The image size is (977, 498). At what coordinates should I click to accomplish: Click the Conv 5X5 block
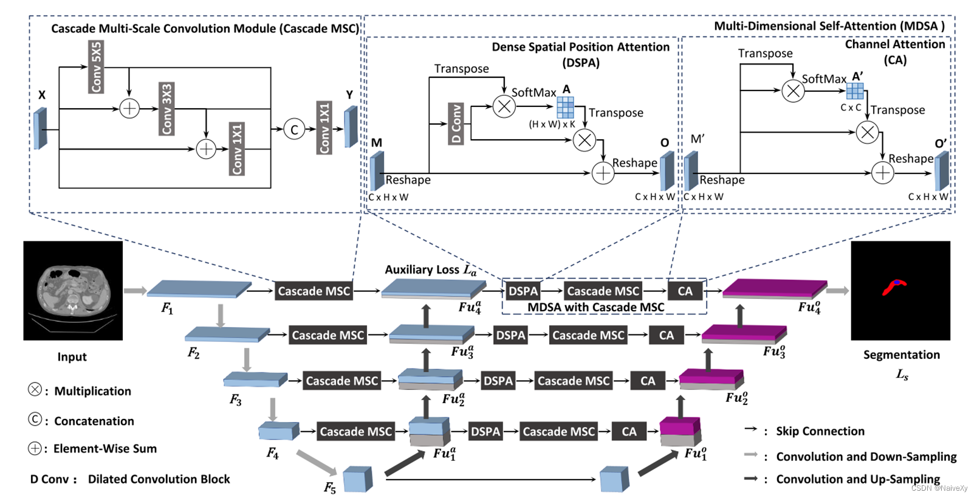96,67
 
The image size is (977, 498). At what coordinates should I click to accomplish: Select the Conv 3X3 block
166,109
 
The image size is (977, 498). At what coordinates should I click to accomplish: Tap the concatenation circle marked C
294,129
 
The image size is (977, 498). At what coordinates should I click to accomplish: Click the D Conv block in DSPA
456,123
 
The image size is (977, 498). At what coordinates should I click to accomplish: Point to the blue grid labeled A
565,107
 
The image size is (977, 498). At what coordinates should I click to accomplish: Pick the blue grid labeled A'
855,91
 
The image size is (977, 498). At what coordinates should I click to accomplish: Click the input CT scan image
73,291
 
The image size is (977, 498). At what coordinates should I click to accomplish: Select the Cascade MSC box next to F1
314,291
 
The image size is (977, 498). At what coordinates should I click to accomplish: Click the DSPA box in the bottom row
485,432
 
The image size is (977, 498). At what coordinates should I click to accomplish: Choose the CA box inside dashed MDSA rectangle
685,291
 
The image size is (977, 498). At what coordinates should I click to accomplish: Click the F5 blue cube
357,479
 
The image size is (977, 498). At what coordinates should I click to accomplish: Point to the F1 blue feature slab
199,288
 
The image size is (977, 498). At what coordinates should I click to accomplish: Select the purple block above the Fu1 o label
680,426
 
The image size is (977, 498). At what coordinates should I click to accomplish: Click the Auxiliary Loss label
430,269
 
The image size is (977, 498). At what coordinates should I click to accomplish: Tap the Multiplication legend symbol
35,390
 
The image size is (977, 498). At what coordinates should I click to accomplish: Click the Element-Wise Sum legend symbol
35,448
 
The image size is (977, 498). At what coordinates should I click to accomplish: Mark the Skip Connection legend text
820,431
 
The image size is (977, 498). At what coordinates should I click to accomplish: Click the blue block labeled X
41,128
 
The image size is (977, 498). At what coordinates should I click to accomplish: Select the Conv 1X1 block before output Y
325,128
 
